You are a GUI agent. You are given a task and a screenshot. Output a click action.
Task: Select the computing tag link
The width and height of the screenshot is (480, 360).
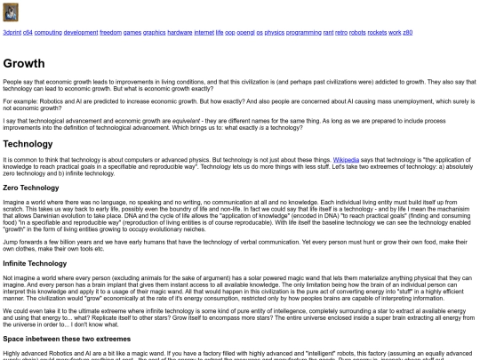[x=48, y=32]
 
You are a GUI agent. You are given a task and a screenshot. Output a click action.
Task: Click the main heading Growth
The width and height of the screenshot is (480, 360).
[x=24, y=64]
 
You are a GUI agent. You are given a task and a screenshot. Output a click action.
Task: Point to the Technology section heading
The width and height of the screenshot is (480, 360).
[x=28, y=143]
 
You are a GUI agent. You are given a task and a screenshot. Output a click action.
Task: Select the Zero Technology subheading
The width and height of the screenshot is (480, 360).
[x=30, y=188]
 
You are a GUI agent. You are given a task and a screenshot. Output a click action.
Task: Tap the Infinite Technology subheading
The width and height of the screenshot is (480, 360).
[x=35, y=264]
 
